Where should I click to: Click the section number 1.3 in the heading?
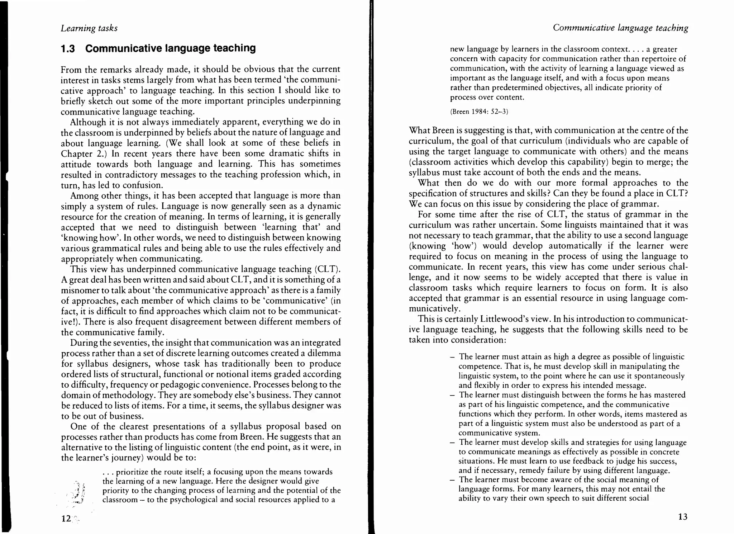(68, 48)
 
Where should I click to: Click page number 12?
(66, 519)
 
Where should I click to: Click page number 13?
(683, 517)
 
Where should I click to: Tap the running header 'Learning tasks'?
(89, 28)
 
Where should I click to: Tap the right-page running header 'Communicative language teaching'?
(620, 28)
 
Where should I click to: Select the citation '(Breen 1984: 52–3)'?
(479, 112)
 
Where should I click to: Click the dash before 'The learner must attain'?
(452, 357)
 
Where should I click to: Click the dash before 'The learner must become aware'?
(452, 480)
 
